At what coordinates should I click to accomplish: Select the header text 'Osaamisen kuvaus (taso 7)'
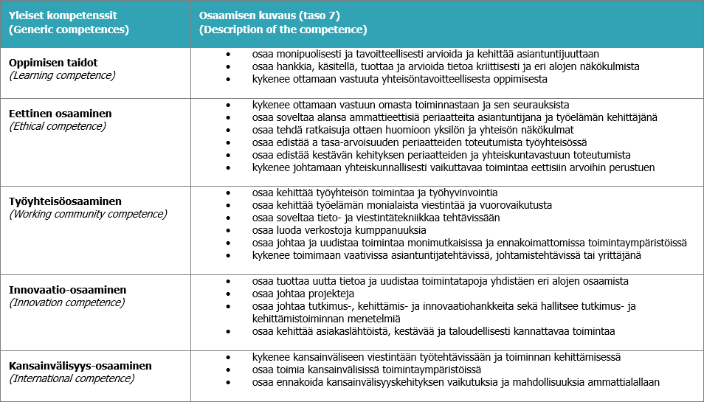[269, 15]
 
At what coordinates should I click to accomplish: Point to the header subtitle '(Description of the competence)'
[283, 30]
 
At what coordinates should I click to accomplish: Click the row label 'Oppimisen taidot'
[53, 63]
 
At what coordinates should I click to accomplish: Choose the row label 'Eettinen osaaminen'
[61, 114]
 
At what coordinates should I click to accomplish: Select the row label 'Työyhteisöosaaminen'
[65, 201]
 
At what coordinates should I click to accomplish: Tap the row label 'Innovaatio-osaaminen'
[68, 290]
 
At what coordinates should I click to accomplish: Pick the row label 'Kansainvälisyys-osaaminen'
[80, 366]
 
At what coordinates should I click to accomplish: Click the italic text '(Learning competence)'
[62, 75]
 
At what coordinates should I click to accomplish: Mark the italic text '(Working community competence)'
[88, 214]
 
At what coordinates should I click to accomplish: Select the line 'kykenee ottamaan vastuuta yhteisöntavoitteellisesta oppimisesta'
[399, 79]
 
